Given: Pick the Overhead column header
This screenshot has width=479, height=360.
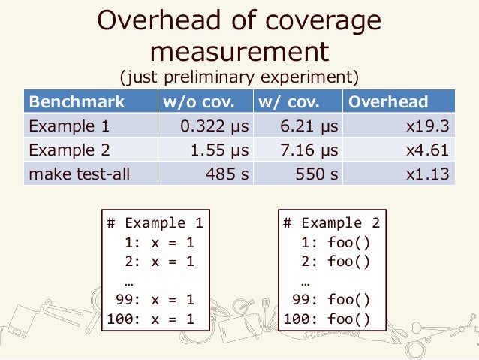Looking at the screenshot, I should [388, 102].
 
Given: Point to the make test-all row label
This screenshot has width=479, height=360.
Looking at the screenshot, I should [79, 174].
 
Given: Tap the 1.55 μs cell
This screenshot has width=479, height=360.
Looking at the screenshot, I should [219, 150].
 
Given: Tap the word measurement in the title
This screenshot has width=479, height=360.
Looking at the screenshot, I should [239, 51].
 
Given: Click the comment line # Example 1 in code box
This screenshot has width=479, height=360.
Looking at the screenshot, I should [155, 222].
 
